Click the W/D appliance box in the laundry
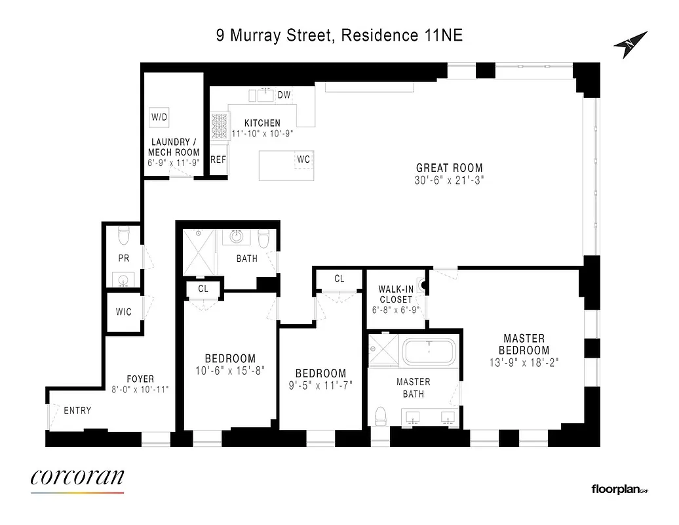point(159,117)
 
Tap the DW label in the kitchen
point(284,95)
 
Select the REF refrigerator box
point(218,159)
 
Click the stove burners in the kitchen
point(218,125)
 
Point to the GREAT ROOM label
point(450,168)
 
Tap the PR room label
point(124,259)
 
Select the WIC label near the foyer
point(124,312)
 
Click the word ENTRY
point(77,411)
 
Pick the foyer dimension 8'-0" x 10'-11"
point(140,389)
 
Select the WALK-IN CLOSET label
point(395,295)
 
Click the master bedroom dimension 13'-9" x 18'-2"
point(524,362)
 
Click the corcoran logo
point(77,478)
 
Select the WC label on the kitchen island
point(303,159)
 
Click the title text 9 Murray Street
point(275,35)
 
